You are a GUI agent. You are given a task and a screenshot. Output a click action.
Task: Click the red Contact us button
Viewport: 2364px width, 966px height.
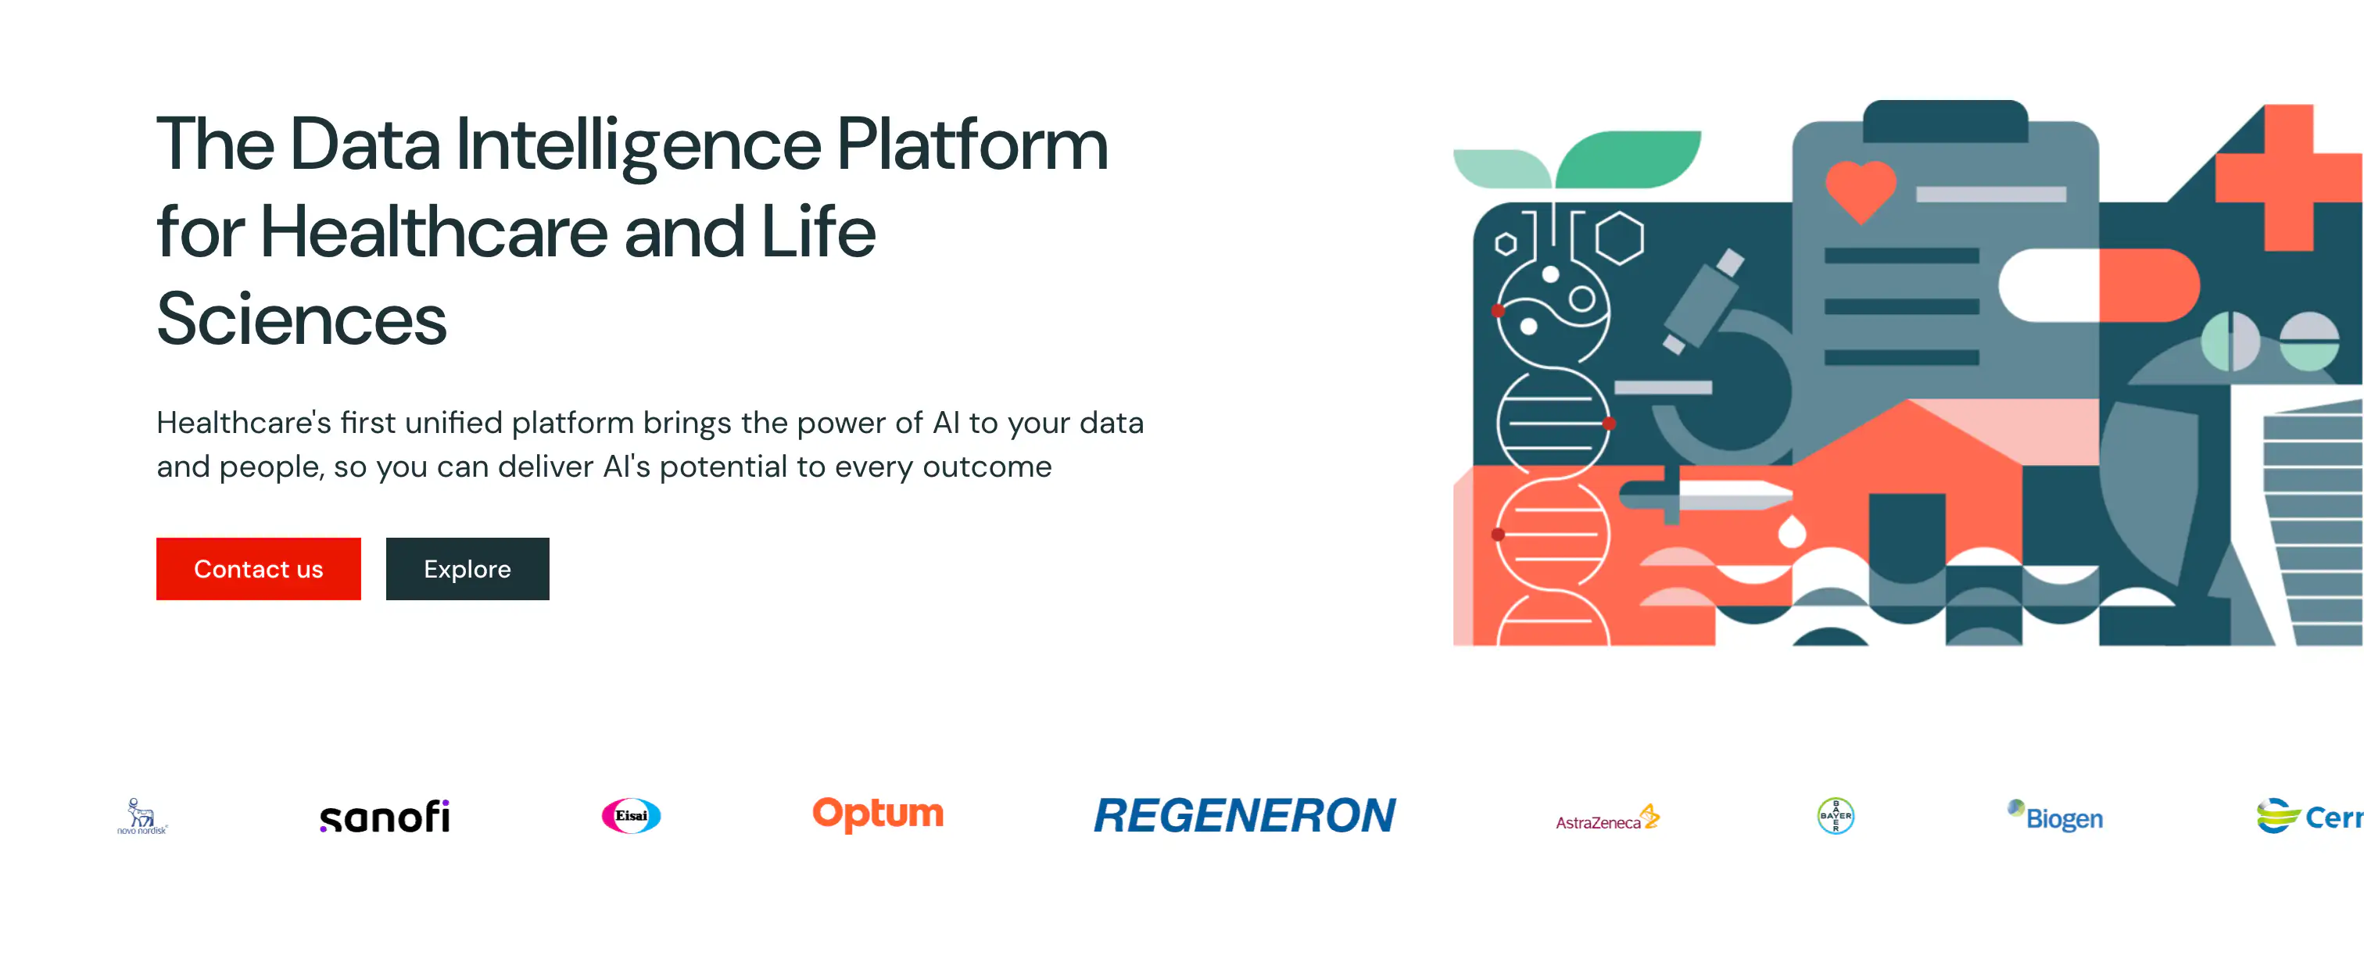click(258, 569)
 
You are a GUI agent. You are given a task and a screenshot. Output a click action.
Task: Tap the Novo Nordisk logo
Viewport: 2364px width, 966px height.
click(142, 815)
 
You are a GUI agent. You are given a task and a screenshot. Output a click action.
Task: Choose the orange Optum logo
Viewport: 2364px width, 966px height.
click(877, 814)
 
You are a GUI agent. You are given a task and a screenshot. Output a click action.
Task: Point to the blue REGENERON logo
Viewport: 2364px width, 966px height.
click(1245, 815)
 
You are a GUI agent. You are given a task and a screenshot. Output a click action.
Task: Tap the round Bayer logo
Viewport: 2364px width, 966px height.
click(1836, 815)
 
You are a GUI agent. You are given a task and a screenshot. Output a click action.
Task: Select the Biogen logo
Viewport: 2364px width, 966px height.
click(2056, 815)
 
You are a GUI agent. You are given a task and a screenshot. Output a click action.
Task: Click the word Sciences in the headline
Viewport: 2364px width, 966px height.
click(301, 319)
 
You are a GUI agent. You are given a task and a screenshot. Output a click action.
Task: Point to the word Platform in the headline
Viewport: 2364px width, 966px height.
click(972, 145)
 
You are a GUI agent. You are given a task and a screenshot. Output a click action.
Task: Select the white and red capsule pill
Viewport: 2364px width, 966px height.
click(2099, 285)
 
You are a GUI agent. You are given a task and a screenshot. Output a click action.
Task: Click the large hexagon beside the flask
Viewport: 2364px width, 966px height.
click(1620, 238)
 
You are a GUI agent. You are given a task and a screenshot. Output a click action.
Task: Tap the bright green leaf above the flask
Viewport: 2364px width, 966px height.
click(1629, 158)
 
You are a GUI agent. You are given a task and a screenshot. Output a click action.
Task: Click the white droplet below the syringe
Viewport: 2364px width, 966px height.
click(1791, 532)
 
